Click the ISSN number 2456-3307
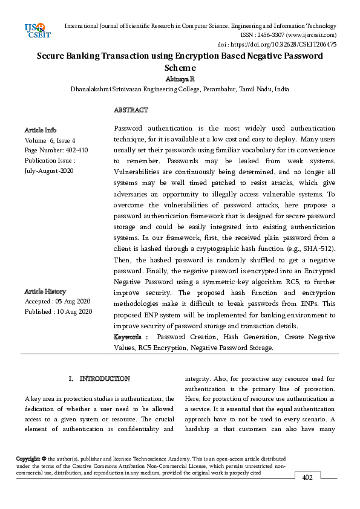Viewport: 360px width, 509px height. (270, 35)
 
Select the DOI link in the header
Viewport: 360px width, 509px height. (290, 45)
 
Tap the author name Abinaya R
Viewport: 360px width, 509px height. (180, 79)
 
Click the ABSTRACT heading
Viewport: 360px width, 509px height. (131, 110)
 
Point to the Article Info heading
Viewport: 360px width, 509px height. (41, 130)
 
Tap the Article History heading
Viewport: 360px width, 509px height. (45, 291)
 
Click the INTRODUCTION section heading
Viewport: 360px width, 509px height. (105, 379)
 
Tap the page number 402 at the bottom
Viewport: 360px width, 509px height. (307, 478)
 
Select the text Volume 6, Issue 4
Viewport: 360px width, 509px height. (50, 140)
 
